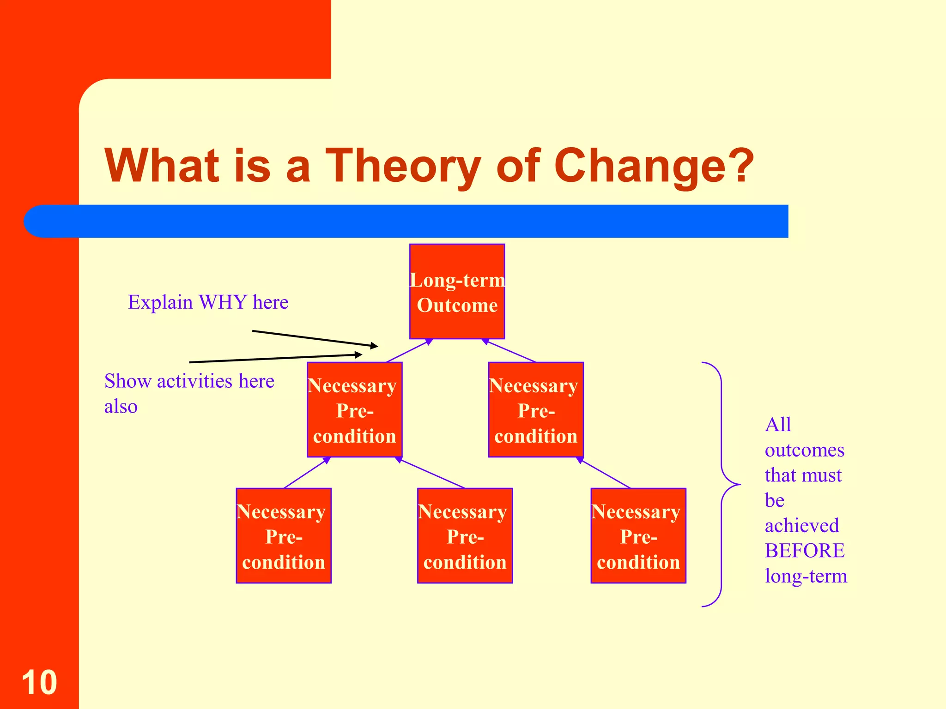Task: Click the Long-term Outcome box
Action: [457, 292]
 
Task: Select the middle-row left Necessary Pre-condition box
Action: [354, 410]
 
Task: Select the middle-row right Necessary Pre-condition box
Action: [536, 410]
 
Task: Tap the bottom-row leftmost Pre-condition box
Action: [284, 536]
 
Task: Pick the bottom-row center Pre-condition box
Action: [465, 536]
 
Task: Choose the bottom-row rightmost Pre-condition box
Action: [638, 536]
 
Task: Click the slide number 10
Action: [39, 682]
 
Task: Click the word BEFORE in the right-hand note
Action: [804, 551]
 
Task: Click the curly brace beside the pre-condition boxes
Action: [722, 484]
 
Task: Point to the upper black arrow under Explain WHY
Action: [315, 338]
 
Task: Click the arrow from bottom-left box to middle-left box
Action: [307, 473]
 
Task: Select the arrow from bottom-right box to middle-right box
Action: [603, 473]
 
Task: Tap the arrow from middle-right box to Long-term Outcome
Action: [509, 351]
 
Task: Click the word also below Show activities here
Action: [121, 407]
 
